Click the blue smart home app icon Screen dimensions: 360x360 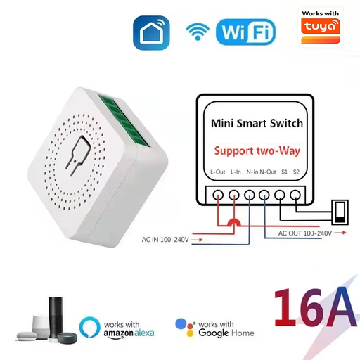click(x=151, y=32)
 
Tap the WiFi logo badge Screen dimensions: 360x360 click(x=245, y=32)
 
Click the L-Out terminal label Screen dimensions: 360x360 click(x=217, y=172)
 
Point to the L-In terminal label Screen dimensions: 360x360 click(x=236, y=172)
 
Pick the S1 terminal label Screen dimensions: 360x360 click(x=284, y=172)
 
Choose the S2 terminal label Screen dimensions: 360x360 click(x=296, y=172)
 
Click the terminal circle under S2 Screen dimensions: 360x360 click(x=295, y=195)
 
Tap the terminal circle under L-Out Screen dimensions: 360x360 click(x=218, y=195)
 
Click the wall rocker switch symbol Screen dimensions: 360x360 click(x=340, y=212)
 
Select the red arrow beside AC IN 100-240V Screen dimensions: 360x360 click(x=197, y=240)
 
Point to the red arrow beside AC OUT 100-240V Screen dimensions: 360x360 click(x=340, y=233)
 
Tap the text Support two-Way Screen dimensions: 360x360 click(x=257, y=151)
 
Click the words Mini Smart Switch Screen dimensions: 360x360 click(x=257, y=123)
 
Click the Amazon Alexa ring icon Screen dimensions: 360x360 click(x=89, y=327)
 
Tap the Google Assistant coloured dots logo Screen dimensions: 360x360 click(x=185, y=327)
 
